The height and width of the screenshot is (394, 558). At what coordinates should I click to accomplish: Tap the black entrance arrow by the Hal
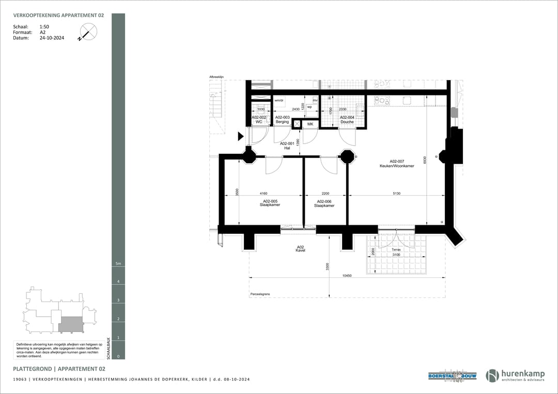coord(241,136)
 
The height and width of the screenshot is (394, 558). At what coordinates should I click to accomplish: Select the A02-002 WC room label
coord(259,120)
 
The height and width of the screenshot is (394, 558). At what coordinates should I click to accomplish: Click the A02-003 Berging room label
coord(282,120)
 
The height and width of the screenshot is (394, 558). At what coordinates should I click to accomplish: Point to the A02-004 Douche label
coord(347,120)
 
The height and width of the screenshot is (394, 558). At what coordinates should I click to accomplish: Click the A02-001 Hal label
coord(287,146)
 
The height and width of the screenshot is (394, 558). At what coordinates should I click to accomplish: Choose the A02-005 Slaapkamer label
coord(270,203)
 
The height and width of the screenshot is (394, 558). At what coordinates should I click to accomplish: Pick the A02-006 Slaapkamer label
coord(324,203)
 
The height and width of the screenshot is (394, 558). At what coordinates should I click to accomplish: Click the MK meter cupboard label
coord(311,124)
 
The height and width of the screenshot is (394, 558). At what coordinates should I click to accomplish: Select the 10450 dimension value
coord(347,276)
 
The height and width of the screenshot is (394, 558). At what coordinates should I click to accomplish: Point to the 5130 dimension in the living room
coord(396,194)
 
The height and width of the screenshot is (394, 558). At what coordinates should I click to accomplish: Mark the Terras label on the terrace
coord(396,249)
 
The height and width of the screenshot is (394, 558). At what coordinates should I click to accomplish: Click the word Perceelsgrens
coord(260,294)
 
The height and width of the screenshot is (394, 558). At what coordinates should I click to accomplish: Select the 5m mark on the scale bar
coord(118,264)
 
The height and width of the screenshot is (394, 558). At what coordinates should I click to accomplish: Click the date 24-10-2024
coord(52,38)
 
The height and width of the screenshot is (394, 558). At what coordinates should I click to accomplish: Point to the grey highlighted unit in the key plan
coord(71,324)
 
